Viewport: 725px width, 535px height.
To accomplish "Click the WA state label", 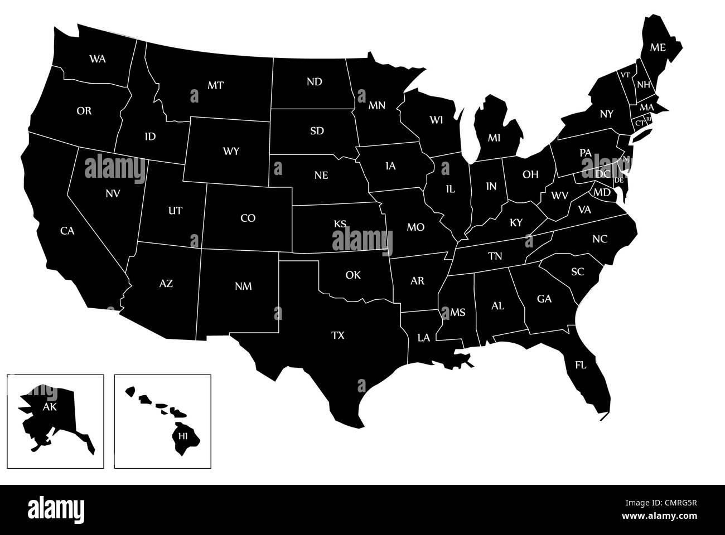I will pos(98,58).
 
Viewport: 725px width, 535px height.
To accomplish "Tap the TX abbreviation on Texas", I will pos(338,335).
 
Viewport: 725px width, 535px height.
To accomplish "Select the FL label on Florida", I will pos(581,366).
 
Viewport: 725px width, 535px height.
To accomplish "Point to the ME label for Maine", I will pos(658,47).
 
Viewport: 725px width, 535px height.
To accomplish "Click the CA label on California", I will pos(67,230).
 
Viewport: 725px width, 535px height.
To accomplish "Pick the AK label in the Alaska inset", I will pos(50,407).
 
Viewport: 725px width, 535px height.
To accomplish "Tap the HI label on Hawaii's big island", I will pos(183,436).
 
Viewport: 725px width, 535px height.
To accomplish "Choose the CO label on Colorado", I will pos(248,218).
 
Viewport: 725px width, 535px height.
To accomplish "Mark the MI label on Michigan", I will pos(495,137).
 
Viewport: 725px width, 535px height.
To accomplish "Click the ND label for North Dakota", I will pos(315,82).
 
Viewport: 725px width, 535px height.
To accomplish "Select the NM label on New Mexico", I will pos(243,286).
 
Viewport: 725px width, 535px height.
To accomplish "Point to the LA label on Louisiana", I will pos(424,337).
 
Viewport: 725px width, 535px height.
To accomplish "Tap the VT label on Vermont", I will pos(626,75).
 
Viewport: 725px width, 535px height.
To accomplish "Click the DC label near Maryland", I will pos(603,174).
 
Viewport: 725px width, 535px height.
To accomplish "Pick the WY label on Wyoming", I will pos(231,151).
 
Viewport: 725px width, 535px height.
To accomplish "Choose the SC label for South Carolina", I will pos(577,271).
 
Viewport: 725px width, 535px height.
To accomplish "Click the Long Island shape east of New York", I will pos(641,134).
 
